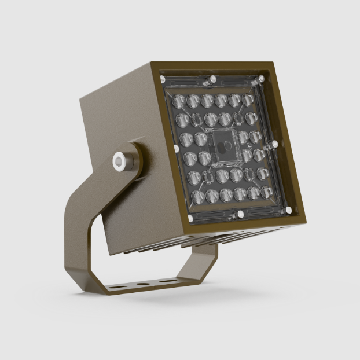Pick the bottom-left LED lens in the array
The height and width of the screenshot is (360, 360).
[x=197, y=197]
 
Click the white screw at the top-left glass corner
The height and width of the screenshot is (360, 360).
[x=163, y=79]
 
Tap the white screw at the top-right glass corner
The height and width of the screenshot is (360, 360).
[x=262, y=77]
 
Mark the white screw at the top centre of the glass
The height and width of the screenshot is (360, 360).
[x=213, y=79]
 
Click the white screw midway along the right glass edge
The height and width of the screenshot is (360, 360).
[x=274, y=144]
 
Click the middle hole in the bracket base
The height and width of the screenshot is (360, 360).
[x=141, y=284]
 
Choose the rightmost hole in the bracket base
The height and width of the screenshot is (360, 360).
[x=167, y=281]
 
